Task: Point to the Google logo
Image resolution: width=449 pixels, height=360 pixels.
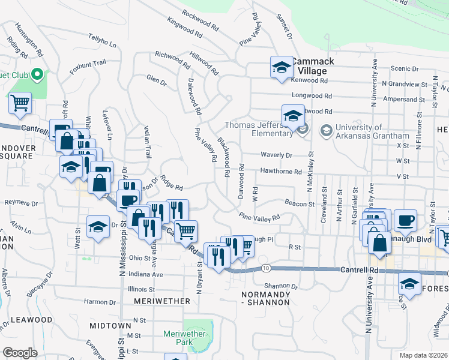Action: click(x=20, y=352)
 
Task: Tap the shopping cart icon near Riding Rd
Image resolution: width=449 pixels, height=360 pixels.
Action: click(x=20, y=103)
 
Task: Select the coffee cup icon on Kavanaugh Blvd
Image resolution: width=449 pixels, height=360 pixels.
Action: click(x=405, y=220)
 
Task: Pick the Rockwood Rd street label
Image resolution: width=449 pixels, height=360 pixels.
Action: click(x=202, y=19)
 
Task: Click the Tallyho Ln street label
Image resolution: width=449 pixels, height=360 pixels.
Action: click(x=103, y=43)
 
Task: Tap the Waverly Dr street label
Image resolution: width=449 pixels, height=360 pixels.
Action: click(x=276, y=155)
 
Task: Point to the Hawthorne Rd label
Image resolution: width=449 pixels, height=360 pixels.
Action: click(x=280, y=172)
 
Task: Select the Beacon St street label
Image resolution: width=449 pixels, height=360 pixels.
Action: click(x=300, y=204)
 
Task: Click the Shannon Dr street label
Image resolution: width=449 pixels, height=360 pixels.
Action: click(x=277, y=286)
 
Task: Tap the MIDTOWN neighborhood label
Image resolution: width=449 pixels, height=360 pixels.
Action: click(x=110, y=325)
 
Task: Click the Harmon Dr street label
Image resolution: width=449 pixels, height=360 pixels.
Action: click(x=100, y=301)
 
